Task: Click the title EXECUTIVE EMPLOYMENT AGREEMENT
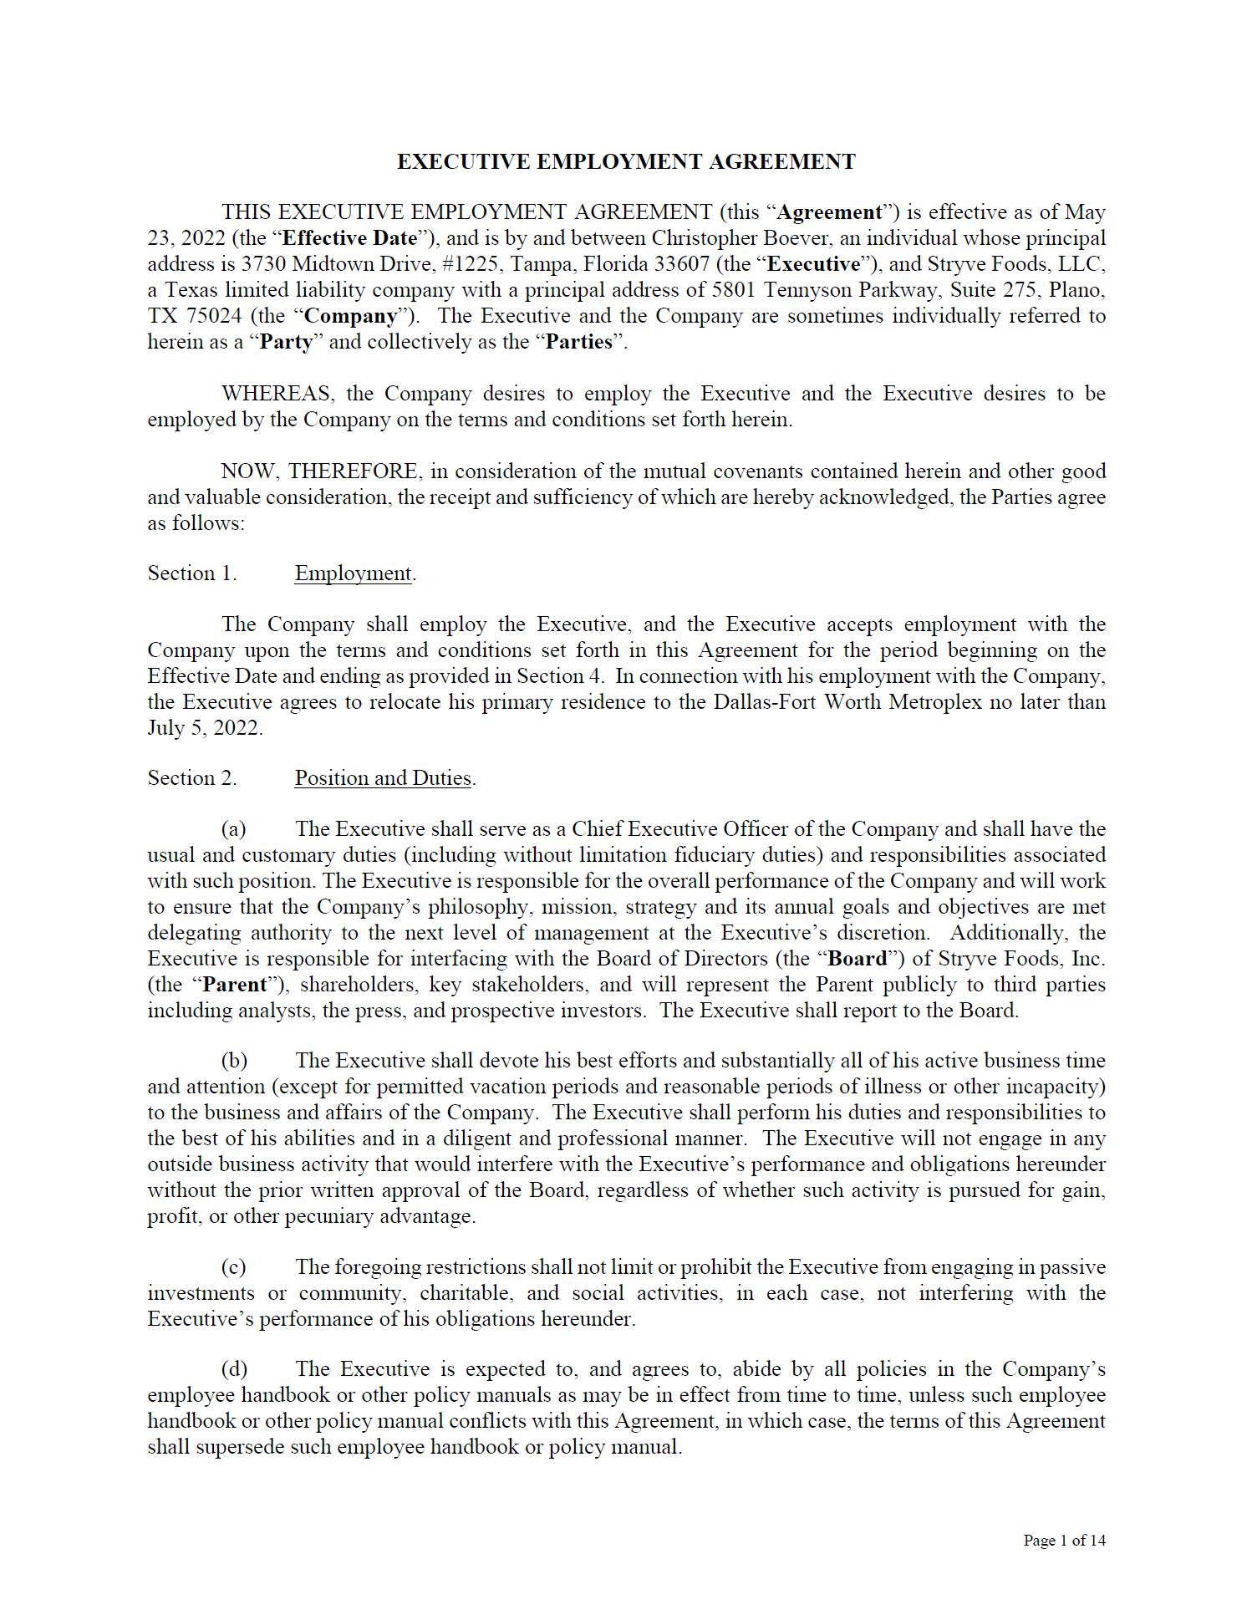click(625, 161)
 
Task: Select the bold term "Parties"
click(578, 342)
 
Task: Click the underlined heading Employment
click(353, 573)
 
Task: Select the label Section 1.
click(192, 573)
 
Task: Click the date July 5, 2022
click(205, 728)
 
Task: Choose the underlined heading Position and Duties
click(384, 778)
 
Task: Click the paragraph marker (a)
click(233, 829)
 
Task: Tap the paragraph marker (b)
click(234, 1061)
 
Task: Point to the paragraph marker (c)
click(233, 1267)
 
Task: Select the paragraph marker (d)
click(234, 1369)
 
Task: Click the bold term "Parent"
click(234, 985)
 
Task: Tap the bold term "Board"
click(857, 959)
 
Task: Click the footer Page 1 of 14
click(1064, 1541)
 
